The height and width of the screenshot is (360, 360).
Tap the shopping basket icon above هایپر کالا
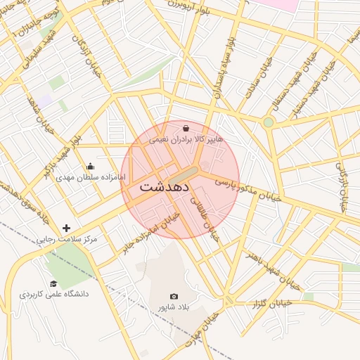tap(186, 129)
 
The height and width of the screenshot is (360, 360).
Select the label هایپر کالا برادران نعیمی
tap(186, 140)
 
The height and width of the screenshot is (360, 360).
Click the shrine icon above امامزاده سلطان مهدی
tap(90, 167)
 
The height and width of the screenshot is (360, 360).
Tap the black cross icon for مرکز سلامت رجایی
tap(67, 228)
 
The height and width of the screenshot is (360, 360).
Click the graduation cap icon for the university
tap(53, 283)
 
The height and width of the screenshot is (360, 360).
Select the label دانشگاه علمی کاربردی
tap(53, 294)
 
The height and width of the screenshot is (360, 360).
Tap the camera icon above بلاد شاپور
tap(174, 297)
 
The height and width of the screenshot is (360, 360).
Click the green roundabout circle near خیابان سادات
tap(268, 122)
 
